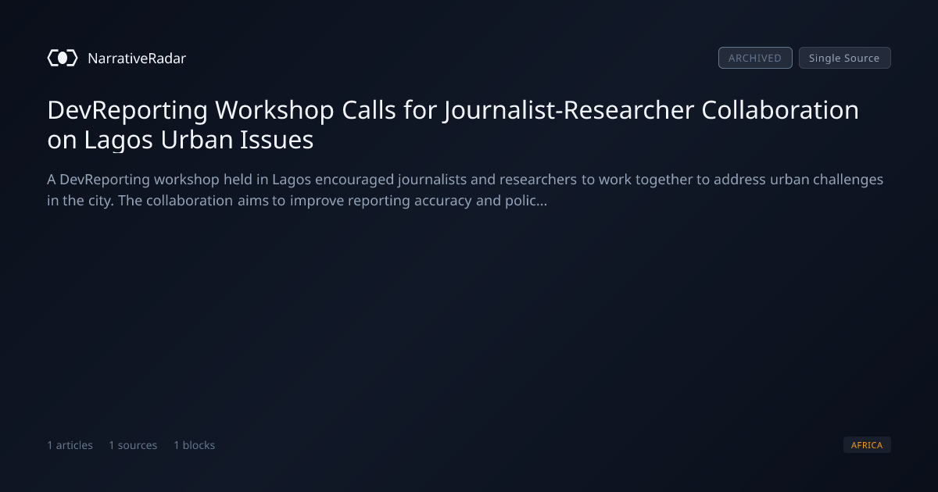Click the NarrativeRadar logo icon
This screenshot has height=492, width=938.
tap(63, 58)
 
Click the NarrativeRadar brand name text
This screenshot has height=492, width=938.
tap(137, 58)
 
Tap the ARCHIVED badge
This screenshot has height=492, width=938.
tap(755, 58)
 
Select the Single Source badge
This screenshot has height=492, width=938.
tap(845, 58)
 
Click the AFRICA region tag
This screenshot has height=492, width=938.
tap(867, 444)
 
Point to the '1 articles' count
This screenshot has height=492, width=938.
tap(70, 445)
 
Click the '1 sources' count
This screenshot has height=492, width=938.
tap(133, 445)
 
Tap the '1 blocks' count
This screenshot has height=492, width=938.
tap(195, 445)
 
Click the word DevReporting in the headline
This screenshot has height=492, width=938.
tap(127, 110)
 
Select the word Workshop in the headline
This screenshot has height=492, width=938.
tap(274, 110)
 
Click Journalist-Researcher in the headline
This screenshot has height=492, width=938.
tap(569, 110)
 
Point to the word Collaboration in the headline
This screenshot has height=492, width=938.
tap(780, 110)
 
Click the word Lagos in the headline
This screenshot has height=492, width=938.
tap(119, 140)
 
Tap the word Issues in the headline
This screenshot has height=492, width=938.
tap(277, 139)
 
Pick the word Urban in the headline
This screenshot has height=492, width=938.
tap(196, 139)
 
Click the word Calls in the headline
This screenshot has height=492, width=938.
tap(369, 110)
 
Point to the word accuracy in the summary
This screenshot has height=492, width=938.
tap(443, 201)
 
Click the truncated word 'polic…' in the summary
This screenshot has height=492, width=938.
tap(526, 201)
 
